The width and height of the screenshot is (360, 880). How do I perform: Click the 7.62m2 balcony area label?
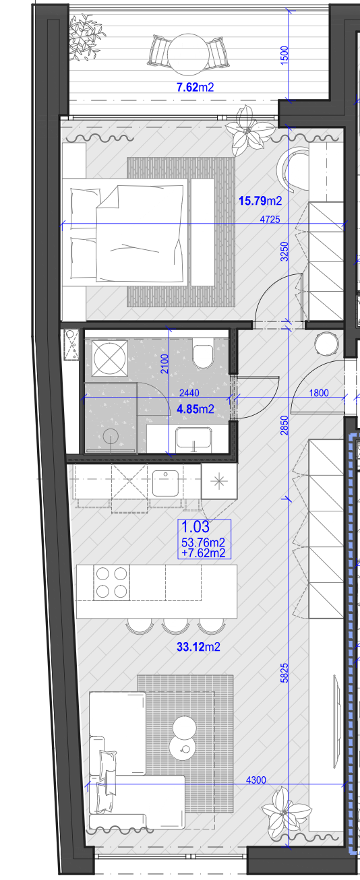point(196,87)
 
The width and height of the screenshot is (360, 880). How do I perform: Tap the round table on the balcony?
point(187,55)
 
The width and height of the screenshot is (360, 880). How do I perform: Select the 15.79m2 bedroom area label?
point(261,201)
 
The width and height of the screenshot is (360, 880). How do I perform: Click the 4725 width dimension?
point(270,219)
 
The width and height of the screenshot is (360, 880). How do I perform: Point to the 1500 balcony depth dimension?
point(284,55)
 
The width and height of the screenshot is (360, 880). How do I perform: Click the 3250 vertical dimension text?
point(284,251)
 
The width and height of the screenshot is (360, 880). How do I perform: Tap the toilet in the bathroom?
point(203,354)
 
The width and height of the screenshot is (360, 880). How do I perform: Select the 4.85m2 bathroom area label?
point(196,410)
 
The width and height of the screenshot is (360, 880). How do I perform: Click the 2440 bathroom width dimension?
point(189,393)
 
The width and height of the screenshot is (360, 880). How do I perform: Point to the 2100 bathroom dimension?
point(164,364)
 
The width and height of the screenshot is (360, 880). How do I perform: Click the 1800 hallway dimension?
point(319,393)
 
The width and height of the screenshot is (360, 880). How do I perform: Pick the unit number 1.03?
point(195,526)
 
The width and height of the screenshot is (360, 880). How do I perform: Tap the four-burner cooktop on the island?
point(112,583)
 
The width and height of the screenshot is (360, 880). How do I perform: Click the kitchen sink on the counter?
point(165,483)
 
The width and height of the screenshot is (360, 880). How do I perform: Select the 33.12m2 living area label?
point(198,647)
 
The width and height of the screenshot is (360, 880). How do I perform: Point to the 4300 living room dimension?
point(256,780)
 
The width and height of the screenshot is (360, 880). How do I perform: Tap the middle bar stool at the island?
point(176,625)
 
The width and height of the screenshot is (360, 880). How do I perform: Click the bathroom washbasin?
point(194,439)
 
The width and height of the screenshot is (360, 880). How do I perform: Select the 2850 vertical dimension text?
point(284,425)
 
